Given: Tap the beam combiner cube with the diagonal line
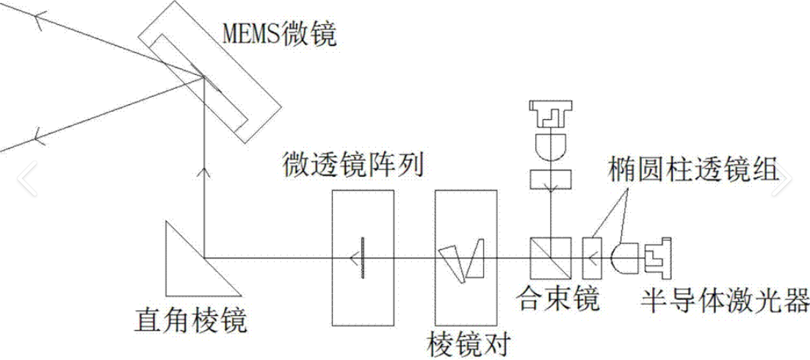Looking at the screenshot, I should pyautogui.click(x=548, y=257).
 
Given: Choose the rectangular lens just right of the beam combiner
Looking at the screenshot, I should pyautogui.click(x=592, y=257).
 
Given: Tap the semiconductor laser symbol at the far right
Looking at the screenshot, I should pyautogui.click(x=659, y=257).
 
